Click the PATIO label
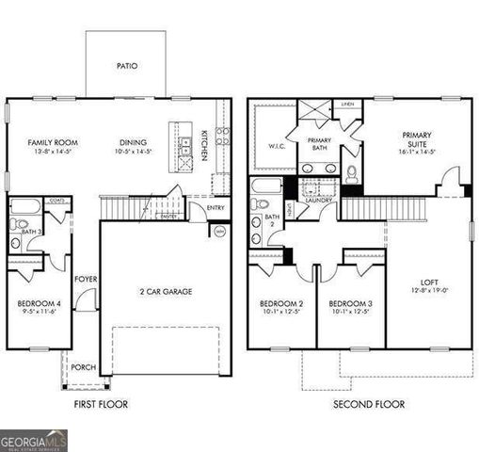pyautogui.click(x=127, y=67)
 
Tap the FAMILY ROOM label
pyautogui.click(x=52, y=143)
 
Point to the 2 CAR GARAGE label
pyautogui.click(x=166, y=292)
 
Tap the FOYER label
pyautogui.click(x=87, y=279)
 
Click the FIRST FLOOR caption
pyautogui.click(x=103, y=404)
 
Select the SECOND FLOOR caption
pyautogui.click(x=369, y=404)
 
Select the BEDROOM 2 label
pyautogui.click(x=281, y=303)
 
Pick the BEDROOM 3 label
pyautogui.click(x=350, y=303)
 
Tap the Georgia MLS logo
pyautogui.click(x=34, y=440)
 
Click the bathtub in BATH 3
pyautogui.click(x=26, y=206)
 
